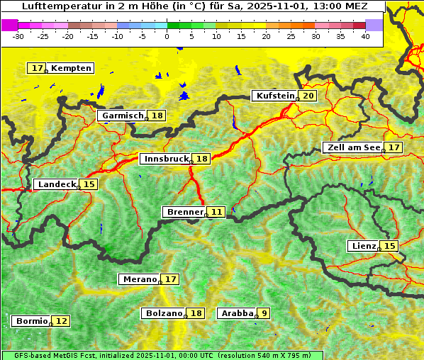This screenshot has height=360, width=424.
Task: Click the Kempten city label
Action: coord(71,68)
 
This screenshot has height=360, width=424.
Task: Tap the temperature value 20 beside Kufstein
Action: coord(308,96)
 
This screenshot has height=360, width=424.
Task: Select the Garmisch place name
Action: coord(123,116)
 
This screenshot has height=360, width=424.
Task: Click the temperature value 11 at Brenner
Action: coord(216,212)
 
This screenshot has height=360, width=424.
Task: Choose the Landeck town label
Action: coord(57,184)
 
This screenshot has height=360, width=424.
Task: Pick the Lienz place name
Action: coord(363,246)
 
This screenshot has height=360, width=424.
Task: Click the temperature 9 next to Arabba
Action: coord(264,313)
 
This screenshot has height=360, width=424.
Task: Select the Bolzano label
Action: coord(164,313)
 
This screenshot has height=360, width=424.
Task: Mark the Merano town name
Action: coord(139,279)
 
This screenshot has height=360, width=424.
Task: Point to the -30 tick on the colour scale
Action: coord(18,36)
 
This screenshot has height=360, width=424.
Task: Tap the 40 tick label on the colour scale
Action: coord(366,36)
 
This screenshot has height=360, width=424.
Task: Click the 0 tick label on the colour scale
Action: coord(167,36)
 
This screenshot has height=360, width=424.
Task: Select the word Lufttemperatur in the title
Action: coord(53,6)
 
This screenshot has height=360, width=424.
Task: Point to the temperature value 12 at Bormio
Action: coord(62,321)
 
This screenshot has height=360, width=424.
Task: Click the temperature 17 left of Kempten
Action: coord(38,68)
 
